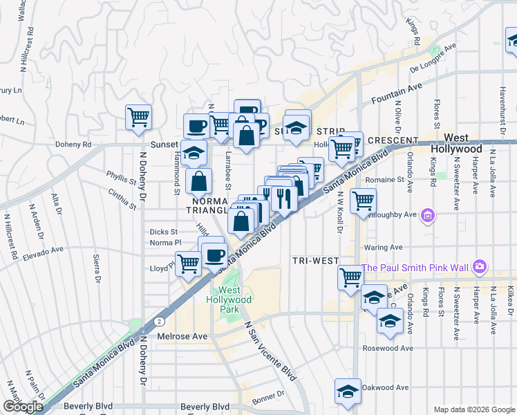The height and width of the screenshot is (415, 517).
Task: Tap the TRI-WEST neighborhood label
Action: click(314, 261)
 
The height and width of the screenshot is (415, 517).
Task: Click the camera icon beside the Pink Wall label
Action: click(480, 267)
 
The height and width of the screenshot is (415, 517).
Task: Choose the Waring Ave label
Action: click(386, 247)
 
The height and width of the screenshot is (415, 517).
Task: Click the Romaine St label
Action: click(386, 179)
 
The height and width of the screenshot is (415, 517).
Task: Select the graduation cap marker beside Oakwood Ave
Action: click(347, 392)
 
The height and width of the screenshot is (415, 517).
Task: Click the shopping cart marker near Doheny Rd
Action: click(139, 117)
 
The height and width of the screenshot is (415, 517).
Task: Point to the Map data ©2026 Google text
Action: click(474, 409)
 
